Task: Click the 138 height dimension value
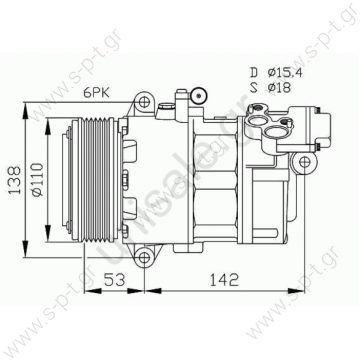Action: click(x=13, y=179)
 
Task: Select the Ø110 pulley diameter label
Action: click(x=36, y=180)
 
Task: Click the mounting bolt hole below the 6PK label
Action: click(x=145, y=102)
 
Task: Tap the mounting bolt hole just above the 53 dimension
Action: click(x=146, y=258)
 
